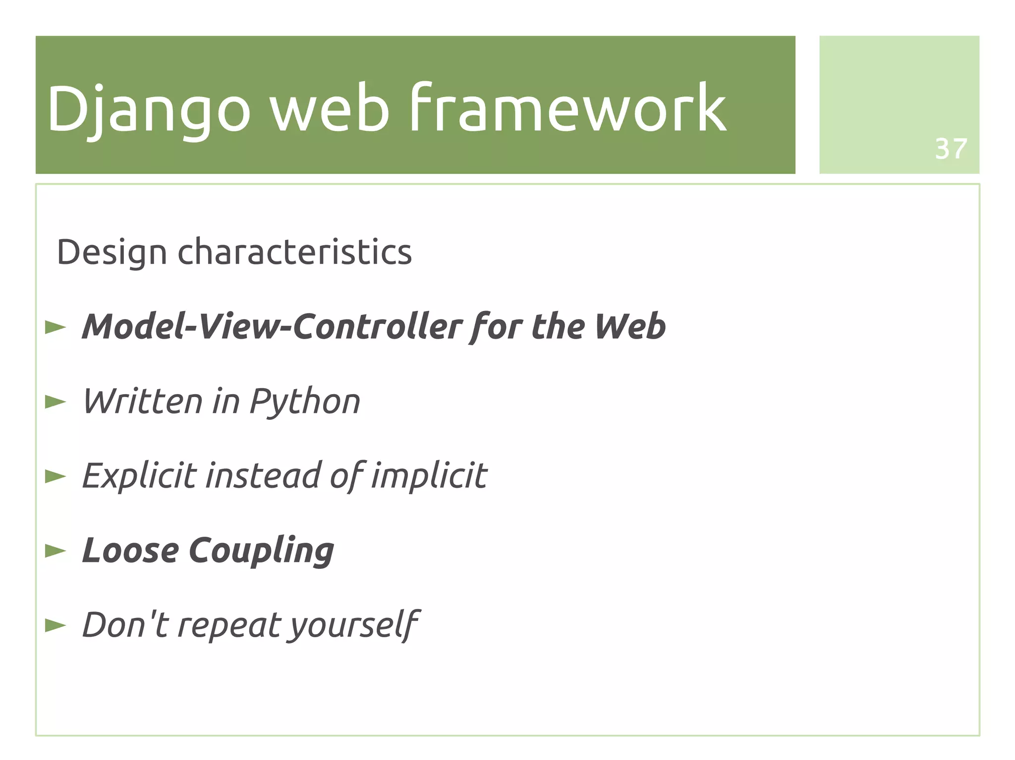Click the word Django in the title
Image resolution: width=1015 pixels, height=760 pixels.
tap(149, 109)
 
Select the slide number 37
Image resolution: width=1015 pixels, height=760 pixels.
tap(951, 149)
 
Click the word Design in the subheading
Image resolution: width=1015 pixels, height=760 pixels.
tap(112, 253)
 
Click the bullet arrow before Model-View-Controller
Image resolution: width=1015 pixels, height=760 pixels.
tap(55, 327)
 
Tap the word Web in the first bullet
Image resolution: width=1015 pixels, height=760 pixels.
tap(629, 327)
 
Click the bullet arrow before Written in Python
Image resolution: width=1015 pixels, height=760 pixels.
tap(55, 402)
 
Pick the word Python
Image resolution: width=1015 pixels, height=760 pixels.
tap(304, 402)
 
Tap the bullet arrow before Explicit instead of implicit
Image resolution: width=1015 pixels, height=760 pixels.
tap(55, 476)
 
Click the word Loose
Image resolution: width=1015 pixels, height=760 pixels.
tap(130, 551)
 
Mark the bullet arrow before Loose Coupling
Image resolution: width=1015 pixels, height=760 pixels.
tap(55, 551)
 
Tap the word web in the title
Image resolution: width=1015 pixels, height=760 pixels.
tap(329, 109)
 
